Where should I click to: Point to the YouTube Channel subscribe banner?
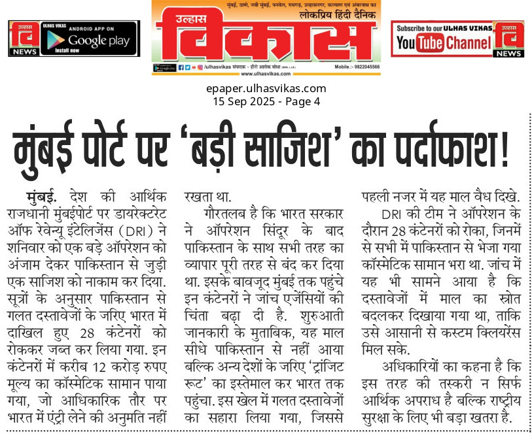pos(443,39)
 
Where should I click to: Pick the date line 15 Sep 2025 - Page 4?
pos(266,101)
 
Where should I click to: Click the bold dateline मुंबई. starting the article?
pos(43,196)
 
